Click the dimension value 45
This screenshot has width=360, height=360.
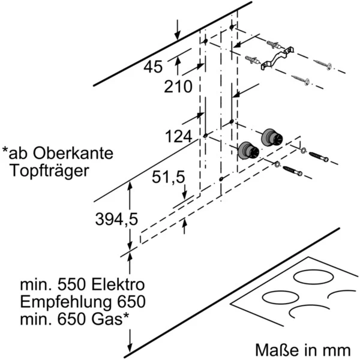[x=154, y=68]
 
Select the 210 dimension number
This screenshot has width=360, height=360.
[x=178, y=87]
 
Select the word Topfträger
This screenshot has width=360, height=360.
[x=50, y=170]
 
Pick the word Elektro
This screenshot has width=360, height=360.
[x=116, y=284]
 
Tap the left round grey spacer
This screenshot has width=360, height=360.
[x=247, y=151]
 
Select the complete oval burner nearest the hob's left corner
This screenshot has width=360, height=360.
[x=281, y=298]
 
